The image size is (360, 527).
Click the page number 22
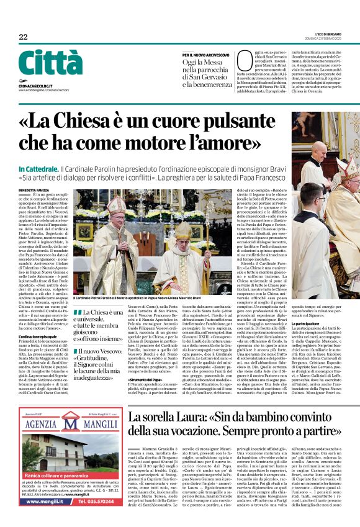tap(23, 37)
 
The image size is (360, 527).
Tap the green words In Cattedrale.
tap(38, 169)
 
